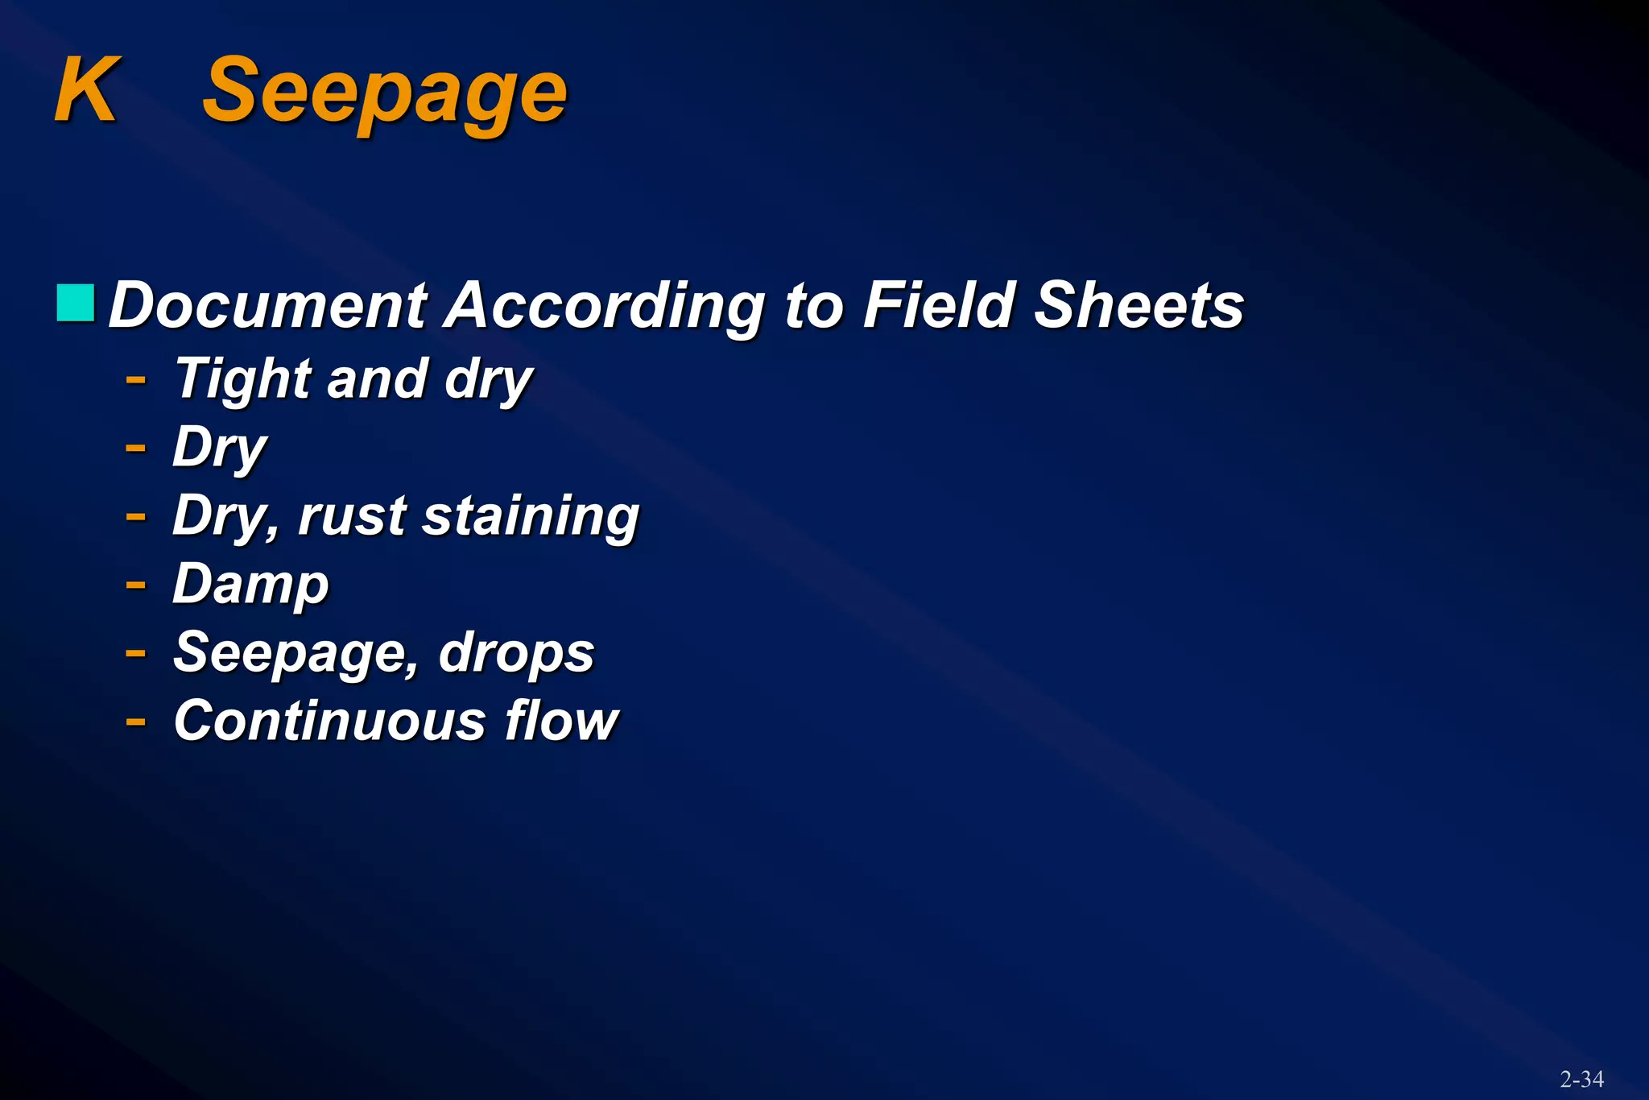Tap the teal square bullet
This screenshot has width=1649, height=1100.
click(76, 303)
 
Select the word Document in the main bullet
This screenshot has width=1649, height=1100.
click(268, 306)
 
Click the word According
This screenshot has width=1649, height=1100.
click(605, 308)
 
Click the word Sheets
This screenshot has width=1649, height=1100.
click(1139, 306)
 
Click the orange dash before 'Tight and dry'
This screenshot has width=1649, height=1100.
click(136, 378)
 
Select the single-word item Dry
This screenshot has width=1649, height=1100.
click(219, 449)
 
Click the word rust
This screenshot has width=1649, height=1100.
click(352, 517)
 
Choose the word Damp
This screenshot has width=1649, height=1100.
click(250, 585)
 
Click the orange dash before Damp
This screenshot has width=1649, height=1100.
click(136, 584)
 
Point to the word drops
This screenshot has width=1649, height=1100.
click(516, 653)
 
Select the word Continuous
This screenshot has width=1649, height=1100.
click(329, 721)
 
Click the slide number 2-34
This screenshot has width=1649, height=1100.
click(1581, 1079)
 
